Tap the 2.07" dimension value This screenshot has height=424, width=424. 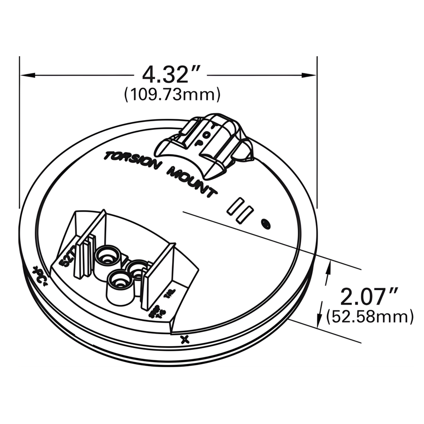pyautogui.click(x=369, y=296)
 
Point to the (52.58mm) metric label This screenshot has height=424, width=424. pyautogui.click(x=370, y=317)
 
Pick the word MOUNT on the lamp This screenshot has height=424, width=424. pyautogui.click(x=191, y=181)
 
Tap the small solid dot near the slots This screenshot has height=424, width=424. pyautogui.click(x=266, y=224)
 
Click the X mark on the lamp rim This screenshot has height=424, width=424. pyautogui.click(x=185, y=340)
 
